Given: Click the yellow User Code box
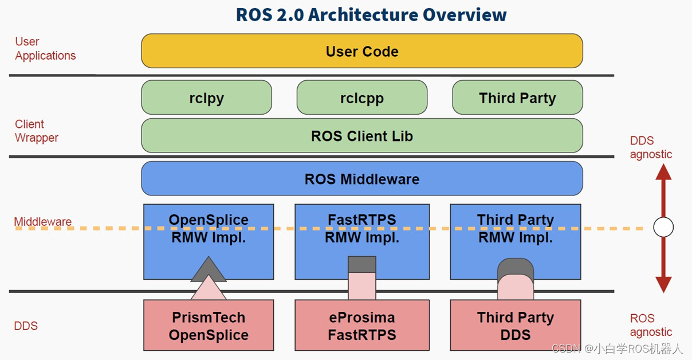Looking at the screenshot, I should [x=362, y=51].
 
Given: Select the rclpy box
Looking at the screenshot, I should [x=206, y=97].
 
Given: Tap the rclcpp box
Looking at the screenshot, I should [x=362, y=97].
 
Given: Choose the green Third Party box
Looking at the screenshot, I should [x=517, y=97].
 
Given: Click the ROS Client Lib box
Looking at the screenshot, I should [x=362, y=136].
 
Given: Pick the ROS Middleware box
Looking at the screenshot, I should [x=362, y=179].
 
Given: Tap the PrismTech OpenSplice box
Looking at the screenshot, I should [x=209, y=326].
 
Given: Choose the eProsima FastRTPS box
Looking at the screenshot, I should [x=362, y=326].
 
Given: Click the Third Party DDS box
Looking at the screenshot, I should [x=516, y=326].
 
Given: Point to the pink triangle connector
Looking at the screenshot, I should [x=209, y=289].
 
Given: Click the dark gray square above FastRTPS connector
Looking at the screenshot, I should [x=362, y=264].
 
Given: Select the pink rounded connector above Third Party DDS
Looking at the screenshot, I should [x=516, y=288].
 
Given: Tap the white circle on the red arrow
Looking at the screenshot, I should [x=663, y=228].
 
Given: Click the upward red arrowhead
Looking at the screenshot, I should [x=663, y=171].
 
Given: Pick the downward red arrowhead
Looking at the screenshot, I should [x=663, y=284].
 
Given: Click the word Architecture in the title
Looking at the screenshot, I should [x=356, y=14].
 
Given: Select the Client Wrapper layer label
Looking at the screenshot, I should [x=37, y=131].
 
